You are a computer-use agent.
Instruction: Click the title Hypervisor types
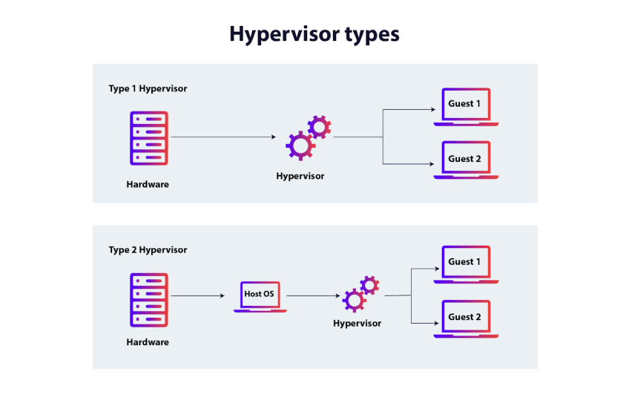click(x=314, y=34)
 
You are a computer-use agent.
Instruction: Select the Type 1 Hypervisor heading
click(x=148, y=88)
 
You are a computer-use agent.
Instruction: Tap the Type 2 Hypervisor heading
click(x=148, y=250)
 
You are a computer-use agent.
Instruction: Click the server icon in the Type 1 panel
click(x=149, y=138)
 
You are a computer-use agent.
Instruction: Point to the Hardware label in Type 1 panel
click(x=148, y=184)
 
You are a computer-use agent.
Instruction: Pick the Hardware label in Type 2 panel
click(x=148, y=342)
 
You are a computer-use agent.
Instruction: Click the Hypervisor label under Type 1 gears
click(x=300, y=177)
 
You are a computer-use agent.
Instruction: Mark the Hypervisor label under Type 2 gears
click(x=357, y=323)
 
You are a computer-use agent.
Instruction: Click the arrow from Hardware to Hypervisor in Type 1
click(x=223, y=137)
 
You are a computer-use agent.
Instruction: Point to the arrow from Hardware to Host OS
click(x=197, y=296)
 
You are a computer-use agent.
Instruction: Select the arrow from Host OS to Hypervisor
click(x=312, y=296)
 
